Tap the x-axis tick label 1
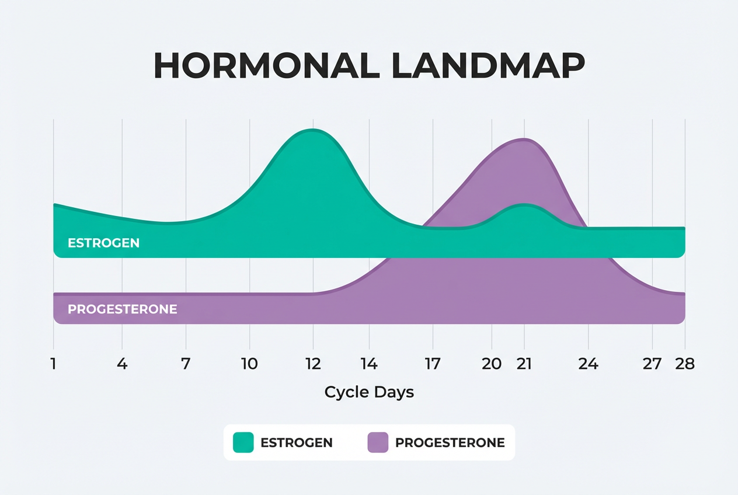(54, 364)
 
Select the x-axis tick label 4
(122, 364)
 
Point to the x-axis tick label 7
(186, 364)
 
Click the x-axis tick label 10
(249, 364)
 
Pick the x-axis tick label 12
(313, 364)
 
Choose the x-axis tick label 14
(369, 364)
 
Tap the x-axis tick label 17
(433, 364)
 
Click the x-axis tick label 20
(492, 364)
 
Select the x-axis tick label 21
(524, 364)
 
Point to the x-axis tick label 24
(588, 364)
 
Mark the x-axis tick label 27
(652, 364)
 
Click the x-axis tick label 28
(684, 364)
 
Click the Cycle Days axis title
(369, 392)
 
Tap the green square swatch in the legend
(243, 442)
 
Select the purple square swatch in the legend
(378, 442)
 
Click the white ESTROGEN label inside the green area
(103, 243)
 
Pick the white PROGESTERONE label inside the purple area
(122, 309)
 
